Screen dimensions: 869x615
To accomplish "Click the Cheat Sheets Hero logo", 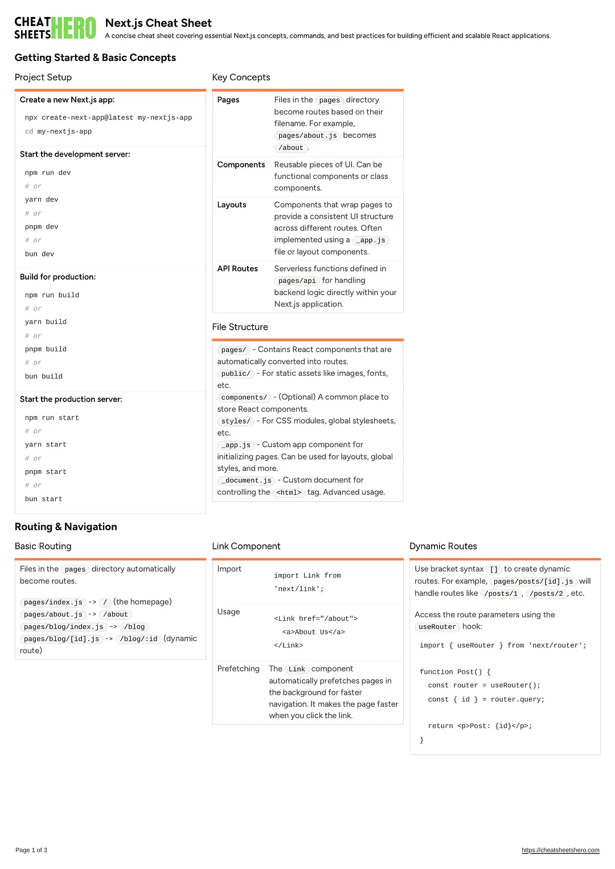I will click(55, 28).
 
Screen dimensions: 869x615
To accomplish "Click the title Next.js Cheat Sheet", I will click(158, 23).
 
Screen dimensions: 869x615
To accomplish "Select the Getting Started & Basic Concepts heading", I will click(95, 58).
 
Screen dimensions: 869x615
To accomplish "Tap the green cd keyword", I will click(29, 132).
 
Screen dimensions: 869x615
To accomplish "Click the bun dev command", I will click(39, 254).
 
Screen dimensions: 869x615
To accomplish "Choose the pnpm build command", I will click(46, 349).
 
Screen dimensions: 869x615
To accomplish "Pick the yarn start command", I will click(46, 445).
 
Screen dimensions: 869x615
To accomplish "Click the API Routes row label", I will click(237, 269).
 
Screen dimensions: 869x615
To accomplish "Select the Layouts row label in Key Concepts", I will click(232, 205).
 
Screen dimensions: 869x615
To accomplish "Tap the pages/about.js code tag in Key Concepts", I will click(307, 136).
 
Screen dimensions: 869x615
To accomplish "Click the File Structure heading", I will click(240, 327).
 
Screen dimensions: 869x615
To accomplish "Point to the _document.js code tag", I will click(246, 481).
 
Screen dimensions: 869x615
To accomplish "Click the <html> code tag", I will click(289, 493).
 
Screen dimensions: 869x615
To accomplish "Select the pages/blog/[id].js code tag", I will click(61, 639).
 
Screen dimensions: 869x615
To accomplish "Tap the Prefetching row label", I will click(238, 669).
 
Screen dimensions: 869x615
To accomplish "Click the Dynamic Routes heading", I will click(443, 546).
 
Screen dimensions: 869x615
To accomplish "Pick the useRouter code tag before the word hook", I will click(437, 627).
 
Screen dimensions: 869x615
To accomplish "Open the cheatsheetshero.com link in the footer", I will click(560, 850).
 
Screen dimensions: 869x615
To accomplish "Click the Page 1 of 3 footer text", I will click(31, 850).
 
